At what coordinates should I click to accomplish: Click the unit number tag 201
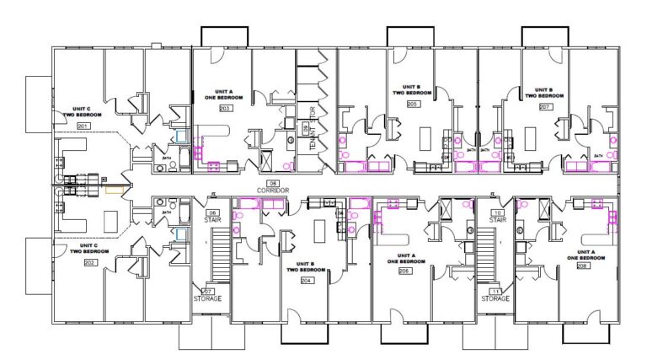coord(83,126)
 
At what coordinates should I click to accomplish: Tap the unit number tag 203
coord(225,109)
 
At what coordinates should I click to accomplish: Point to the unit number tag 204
coord(307,281)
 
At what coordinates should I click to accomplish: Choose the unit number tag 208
coord(582,266)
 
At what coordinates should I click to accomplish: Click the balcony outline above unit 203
coord(223,36)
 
